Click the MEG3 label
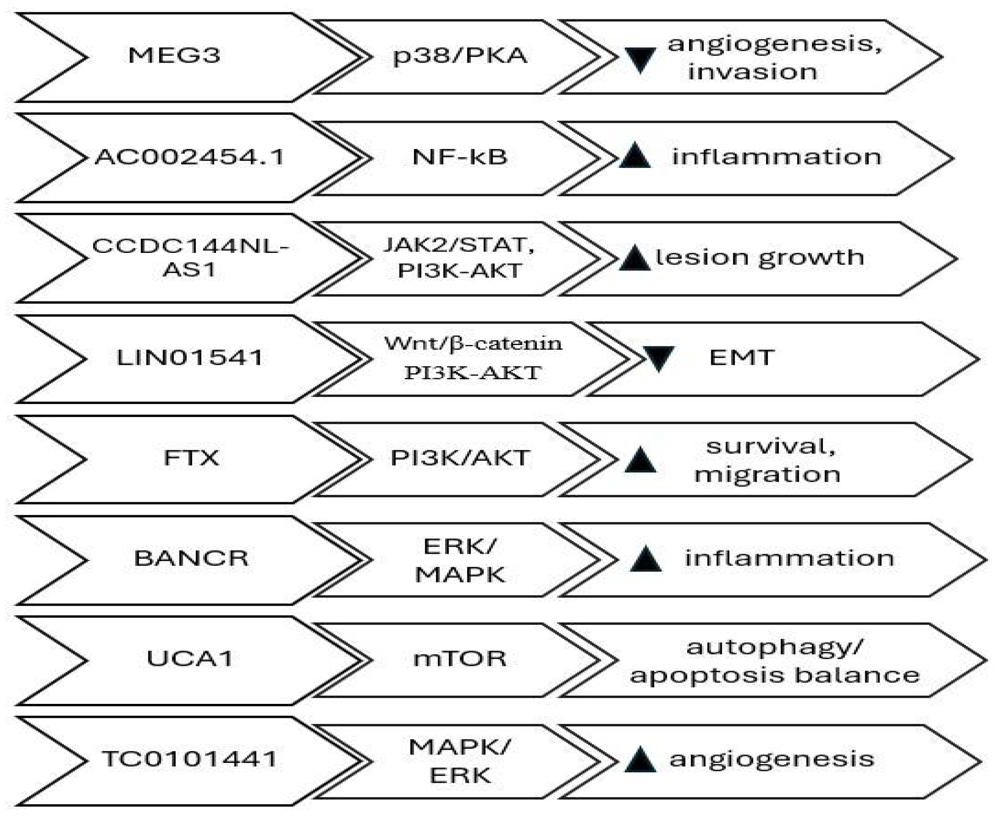click(x=174, y=56)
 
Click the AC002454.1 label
click(x=190, y=157)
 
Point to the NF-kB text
click(x=460, y=157)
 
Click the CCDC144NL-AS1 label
click(x=190, y=258)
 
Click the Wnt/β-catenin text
click(x=473, y=344)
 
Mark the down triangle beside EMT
click(x=659, y=359)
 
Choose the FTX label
click(x=191, y=458)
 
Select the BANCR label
click(x=191, y=558)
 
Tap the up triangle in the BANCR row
click(x=646, y=560)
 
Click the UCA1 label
click(x=190, y=658)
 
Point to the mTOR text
click(x=460, y=658)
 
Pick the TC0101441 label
click(x=190, y=759)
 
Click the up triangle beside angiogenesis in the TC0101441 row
click(x=640, y=760)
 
